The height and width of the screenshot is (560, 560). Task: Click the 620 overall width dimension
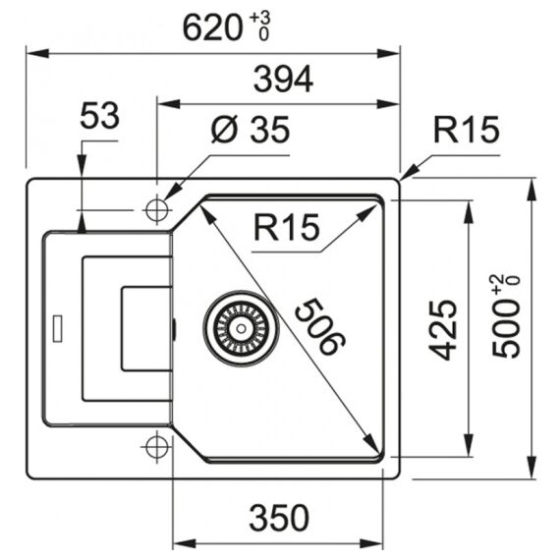(x=213, y=28)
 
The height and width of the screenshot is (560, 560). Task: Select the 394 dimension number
(x=283, y=79)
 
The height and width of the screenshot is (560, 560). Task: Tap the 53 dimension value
(x=99, y=115)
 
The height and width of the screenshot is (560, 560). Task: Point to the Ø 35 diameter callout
(x=250, y=130)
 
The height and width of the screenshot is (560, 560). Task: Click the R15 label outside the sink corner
(x=466, y=130)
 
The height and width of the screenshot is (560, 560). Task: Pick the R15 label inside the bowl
(x=287, y=227)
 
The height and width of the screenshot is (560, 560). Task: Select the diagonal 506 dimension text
(x=320, y=327)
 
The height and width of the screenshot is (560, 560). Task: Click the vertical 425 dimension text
(x=443, y=329)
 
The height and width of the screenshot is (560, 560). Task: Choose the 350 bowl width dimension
(x=279, y=518)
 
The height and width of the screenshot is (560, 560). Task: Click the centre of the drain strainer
(x=241, y=328)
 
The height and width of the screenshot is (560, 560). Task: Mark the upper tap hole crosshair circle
(x=157, y=210)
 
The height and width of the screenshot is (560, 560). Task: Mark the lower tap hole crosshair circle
(x=157, y=447)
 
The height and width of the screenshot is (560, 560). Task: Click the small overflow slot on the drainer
(x=57, y=328)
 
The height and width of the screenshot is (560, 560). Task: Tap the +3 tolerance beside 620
(x=260, y=18)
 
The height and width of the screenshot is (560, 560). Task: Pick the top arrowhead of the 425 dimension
(x=469, y=212)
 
